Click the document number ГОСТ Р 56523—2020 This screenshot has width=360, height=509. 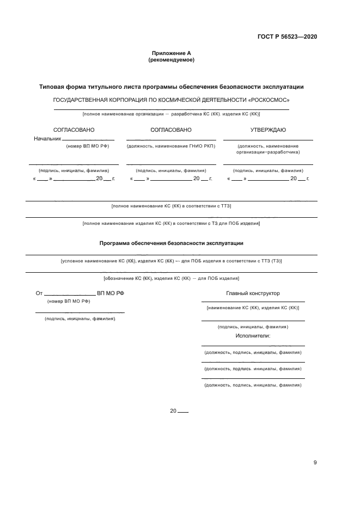pyautogui.click(x=286, y=37)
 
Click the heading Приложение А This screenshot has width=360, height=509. pyautogui.click(x=171, y=53)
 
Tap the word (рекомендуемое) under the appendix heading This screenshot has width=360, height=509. pyautogui.click(x=171, y=60)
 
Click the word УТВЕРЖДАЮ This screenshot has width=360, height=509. pyautogui.click(x=268, y=130)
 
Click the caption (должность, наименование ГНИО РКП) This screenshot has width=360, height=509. pyautogui.click(x=171, y=146)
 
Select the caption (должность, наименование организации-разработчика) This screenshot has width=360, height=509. pyautogui.click(x=268, y=149)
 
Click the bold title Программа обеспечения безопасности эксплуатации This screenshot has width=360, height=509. pyautogui.click(x=171, y=243)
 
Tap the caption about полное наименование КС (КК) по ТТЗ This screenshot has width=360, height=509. pyautogui.click(x=171, y=206)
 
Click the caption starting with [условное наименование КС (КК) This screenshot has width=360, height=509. pyautogui.click(x=171, y=261)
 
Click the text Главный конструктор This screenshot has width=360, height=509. pyautogui.click(x=253, y=293)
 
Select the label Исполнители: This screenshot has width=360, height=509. pyautogui.click(x=253, y=336)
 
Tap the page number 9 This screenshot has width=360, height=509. pyautogui.click(x=315, y=463)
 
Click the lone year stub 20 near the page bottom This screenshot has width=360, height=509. pyautogui.click(x=174, y=411)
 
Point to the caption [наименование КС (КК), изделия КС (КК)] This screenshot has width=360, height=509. pyautogui.click(x=253, y=308)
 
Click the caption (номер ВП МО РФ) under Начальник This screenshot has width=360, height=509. pyautogui.click(x=87, y=146)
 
